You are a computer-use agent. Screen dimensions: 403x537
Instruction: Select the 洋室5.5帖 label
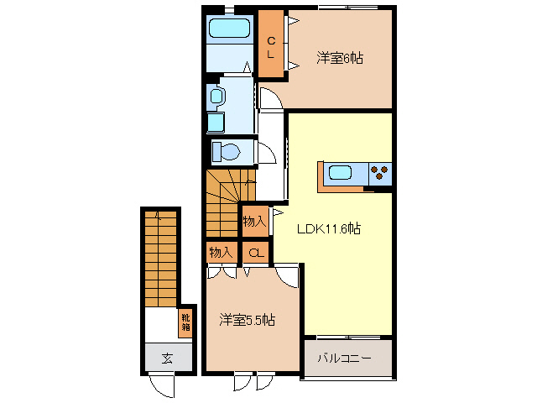click(248, 320)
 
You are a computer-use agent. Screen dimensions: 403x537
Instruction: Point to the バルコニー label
click(343, 359)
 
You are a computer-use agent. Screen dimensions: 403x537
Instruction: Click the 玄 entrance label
click(166, 358)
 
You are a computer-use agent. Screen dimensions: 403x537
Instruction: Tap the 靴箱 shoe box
click(184, 322)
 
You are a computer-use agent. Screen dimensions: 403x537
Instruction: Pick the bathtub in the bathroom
click(229, 29)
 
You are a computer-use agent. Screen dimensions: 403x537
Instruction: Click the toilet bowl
click(227, 151)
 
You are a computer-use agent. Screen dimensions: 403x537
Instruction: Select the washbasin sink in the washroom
click(216, 97)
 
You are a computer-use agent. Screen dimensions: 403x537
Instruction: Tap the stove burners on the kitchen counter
click(379, 173)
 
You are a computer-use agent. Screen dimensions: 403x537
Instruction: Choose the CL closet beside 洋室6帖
click(271, 44)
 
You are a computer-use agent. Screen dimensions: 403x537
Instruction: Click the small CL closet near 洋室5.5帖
click(255, 252)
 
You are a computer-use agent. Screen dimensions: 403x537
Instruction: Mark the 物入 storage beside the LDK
click(254, 222)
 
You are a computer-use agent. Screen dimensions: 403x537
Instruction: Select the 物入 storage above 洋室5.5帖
click(221, 252)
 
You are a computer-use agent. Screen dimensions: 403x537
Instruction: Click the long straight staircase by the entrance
click(160, 260)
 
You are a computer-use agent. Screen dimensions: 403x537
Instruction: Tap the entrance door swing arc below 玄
click(160, 387)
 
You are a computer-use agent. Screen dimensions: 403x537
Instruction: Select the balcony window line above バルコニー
click(348, 337)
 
